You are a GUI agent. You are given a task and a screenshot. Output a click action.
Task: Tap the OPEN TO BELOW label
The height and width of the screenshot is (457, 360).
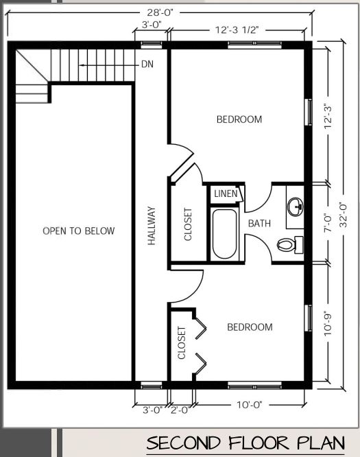(x=79, y=231)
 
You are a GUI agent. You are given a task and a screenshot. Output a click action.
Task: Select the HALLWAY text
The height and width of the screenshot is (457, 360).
(x=152, y=226)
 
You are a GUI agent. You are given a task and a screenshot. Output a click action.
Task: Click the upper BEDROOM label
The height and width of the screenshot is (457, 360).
(x=239, y=119)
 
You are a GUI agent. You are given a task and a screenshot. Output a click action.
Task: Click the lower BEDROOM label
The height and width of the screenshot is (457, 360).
(x=250, y=327)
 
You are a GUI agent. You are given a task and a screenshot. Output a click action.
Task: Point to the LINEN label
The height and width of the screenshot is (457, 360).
(x=226, y=194)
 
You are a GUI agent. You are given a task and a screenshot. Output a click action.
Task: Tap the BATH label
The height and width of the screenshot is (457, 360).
(x=259, y=223)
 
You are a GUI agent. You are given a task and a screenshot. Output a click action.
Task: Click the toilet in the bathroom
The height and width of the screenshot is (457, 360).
(x=289, y=243)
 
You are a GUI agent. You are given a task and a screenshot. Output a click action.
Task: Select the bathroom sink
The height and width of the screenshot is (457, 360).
(x=296, y=205)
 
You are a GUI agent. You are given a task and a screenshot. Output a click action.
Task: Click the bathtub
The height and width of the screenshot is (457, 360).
(x=224, y=234)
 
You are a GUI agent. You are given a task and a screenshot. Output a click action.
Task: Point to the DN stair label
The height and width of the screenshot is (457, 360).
(x=147, y=65)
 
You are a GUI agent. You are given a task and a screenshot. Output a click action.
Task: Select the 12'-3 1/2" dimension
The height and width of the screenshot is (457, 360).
(x=236, y=31)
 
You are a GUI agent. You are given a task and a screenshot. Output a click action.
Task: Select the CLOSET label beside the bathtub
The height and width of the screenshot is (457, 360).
(x=189, y=224)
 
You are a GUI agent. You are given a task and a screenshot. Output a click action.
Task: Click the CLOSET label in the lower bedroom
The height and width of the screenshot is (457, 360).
(x=182, y=343)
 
